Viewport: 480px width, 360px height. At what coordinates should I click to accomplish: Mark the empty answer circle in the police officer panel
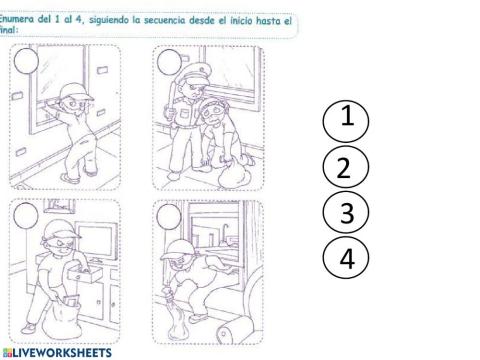[x=169, y=62]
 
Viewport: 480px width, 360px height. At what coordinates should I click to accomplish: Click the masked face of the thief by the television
[x=57, y=245]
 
